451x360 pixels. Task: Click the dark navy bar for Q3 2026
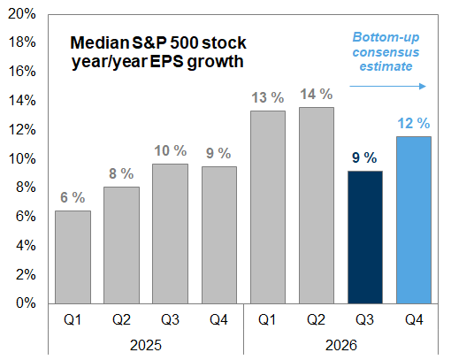[365, 237]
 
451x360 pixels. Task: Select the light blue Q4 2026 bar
[414, 220]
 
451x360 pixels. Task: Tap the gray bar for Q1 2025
[73, 257]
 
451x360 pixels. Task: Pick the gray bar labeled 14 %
[317, 205]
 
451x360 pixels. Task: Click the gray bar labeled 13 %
[268, 207]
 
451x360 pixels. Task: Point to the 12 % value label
[414, 123]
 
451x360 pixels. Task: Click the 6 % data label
[73, 197]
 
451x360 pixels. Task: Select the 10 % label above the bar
[171, 150]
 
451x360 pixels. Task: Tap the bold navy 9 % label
[364, 157]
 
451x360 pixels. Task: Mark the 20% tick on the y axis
[22, 13]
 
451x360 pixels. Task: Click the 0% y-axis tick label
[26, 303]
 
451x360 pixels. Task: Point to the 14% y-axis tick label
[22, 100]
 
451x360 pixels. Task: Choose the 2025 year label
[146, 345]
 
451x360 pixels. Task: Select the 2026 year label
[341, 345]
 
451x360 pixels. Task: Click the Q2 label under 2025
[121, 319]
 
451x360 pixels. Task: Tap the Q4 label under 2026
[414, 319]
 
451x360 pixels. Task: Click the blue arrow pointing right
[387, 86]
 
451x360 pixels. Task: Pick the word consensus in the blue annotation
[386, 52]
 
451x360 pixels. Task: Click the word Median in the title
[100, 42]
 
